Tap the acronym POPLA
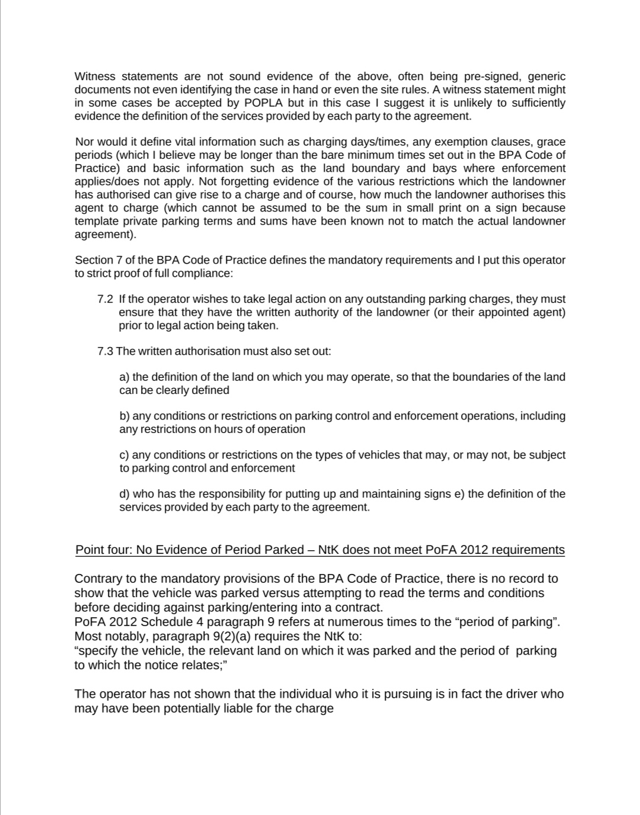click(263, 102)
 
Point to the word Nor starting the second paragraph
click(85, 142)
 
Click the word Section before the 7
click(94, 260)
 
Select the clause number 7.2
click(105, 299)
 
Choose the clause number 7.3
click(105, 351)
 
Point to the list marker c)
click(124, 455)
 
